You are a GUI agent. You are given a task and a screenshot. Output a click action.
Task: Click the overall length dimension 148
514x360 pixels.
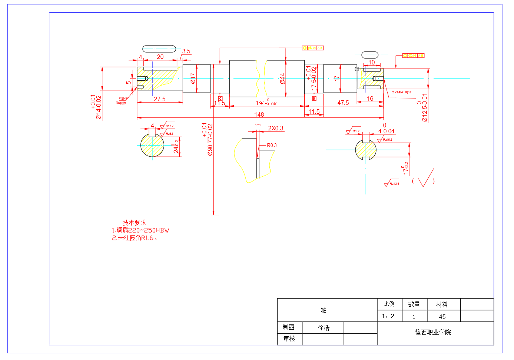coord(259,114)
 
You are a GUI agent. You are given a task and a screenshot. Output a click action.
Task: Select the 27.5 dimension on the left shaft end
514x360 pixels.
coord(160,99)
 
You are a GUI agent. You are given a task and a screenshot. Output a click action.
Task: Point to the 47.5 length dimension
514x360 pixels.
coord(343,103)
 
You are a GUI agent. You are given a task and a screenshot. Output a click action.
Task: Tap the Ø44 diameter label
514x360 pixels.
coord(282,79)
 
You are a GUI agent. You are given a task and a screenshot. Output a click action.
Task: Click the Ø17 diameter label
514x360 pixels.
coord(193,78)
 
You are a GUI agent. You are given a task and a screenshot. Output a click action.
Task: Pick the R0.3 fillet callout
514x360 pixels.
coord(272,145)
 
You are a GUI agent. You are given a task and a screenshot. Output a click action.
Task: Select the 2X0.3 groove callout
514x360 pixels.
coord(276,128)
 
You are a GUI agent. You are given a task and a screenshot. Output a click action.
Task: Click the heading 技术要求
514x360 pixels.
coord(134,223)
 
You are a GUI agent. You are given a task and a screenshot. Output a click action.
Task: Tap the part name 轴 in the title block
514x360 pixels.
coord(324,310)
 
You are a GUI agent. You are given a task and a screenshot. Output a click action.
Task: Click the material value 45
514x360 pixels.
coord(442,317)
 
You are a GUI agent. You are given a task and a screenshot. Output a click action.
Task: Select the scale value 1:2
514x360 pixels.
coord(388,316)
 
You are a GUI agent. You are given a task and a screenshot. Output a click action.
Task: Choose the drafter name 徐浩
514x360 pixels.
coord(324,328)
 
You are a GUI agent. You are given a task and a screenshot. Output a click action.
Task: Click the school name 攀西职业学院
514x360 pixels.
coord(433,333)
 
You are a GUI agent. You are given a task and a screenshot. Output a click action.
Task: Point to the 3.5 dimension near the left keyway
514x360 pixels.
coord(186,51)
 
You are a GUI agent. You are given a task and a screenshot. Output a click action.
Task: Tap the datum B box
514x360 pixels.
coord(314,99)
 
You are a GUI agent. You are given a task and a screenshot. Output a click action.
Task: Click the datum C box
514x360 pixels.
coord(220,99)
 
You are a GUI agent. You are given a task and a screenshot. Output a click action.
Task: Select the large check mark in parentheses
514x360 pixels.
coord(426,179)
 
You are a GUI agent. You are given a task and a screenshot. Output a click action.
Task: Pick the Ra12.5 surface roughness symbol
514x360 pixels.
coord(392,184)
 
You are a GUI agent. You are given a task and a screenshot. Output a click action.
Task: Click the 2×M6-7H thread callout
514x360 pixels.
coord(402,92)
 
